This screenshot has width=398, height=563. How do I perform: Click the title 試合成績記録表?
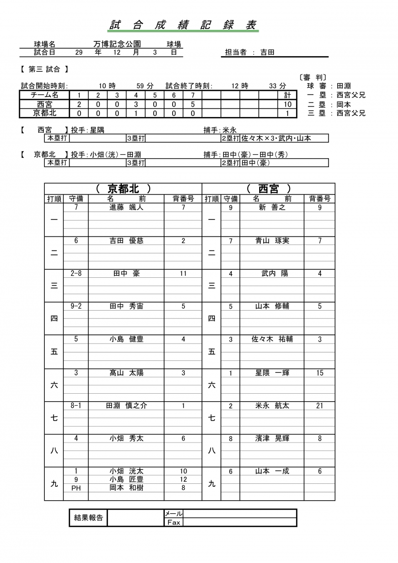pyautogui.click(x=184, y=25)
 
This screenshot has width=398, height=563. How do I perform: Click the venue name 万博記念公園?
pyautogui.click(x=117, y=44)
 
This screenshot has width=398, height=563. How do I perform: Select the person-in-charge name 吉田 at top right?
pyautogui.click(x=268, y=52)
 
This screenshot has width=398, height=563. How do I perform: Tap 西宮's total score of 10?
pyautogui.click(x=288, y=104)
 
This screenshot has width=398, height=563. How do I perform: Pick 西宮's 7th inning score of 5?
pyautogui.click(x=193, y=104)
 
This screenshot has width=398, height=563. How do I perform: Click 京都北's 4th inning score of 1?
pyautogui.click(x=136, y=113)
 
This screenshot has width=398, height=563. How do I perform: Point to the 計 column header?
pyautogui.click(x=288, y=95)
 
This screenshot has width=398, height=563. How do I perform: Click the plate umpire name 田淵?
pyautogui.click(x=344, y=86)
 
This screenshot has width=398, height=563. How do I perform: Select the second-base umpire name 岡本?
pyautogui.click(x=344, y=104)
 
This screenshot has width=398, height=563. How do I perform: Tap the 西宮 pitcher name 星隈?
pyautogui.click(x=96, y=130)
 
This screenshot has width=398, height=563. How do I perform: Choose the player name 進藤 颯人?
pyautogui.click(x=126, y=208)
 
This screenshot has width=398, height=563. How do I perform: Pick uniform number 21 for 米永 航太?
pyautogui.click(x=319, y=406)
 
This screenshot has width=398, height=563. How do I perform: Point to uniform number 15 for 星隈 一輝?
pyautogui.click(x=319, y=372)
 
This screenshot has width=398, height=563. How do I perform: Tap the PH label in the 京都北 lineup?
pyautogui.click(x=76, y=488)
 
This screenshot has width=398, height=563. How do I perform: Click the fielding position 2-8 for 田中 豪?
pyautogui.click(x=76, y=274)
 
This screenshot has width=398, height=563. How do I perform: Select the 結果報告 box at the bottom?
pyautogui.click(x=88, y=517)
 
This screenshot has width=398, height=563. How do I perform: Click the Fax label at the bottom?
pyautogui.click(x=174, y=522)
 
